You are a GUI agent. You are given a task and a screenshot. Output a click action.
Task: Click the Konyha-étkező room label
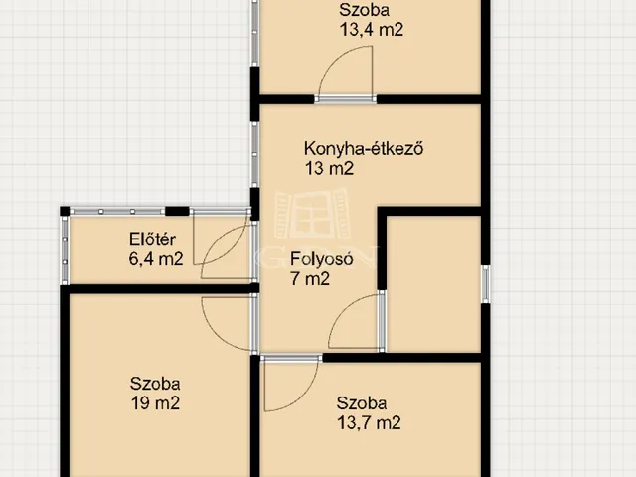364,150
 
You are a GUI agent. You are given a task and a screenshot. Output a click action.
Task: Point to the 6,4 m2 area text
156,259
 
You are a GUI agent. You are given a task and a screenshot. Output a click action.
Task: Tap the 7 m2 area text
310,279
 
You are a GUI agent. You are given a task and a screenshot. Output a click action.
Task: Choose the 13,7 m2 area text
369,423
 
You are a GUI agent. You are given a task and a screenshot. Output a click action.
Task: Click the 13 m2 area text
329,169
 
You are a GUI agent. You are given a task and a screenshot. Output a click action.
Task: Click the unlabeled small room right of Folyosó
432,283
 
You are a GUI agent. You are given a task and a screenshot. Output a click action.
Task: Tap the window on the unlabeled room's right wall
485,282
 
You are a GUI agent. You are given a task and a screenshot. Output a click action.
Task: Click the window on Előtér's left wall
66,248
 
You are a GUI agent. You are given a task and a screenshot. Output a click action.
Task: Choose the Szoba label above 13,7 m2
361,403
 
